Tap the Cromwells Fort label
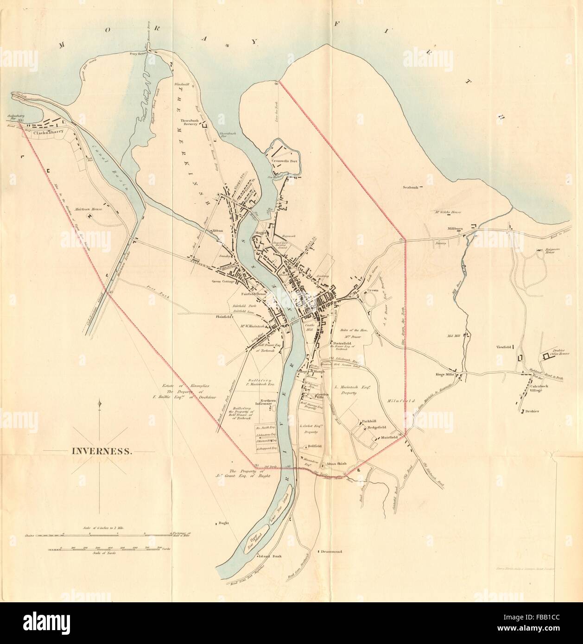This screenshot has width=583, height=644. pyautogui.click(x=285, y=161)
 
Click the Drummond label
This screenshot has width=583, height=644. pyautogui.click(x=331, y=552)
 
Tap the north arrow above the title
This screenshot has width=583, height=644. pyautogui.click(x=99, y=408)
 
